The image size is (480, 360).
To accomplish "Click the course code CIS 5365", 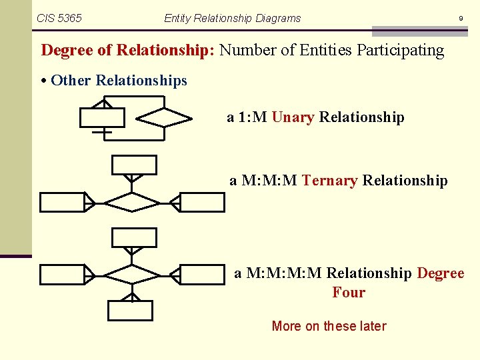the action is click(59, 18).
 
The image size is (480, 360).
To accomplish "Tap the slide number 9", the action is click(460, 19).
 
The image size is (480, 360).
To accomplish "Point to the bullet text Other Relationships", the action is click(119, 81).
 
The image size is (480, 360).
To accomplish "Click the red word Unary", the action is click(293, 117).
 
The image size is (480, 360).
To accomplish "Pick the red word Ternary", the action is click(330, 180).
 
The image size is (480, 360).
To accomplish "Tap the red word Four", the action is click(349, 292).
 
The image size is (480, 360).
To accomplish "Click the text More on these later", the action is click(329, 326).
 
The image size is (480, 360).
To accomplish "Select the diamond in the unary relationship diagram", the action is click(164, 117).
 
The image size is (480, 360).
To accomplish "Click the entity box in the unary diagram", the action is click(102, 117).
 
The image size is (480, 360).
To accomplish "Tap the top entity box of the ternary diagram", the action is click(134, 165).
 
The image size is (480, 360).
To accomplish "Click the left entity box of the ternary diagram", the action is click(62, 202).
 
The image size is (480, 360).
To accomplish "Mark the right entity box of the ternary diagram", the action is click(203, 202).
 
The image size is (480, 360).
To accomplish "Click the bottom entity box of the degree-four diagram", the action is click(131, 311).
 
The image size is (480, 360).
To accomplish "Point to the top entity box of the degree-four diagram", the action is click(134, 237).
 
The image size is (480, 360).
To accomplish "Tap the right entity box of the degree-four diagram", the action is click(203, 274).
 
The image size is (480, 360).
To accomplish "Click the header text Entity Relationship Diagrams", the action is click(232, 18).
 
